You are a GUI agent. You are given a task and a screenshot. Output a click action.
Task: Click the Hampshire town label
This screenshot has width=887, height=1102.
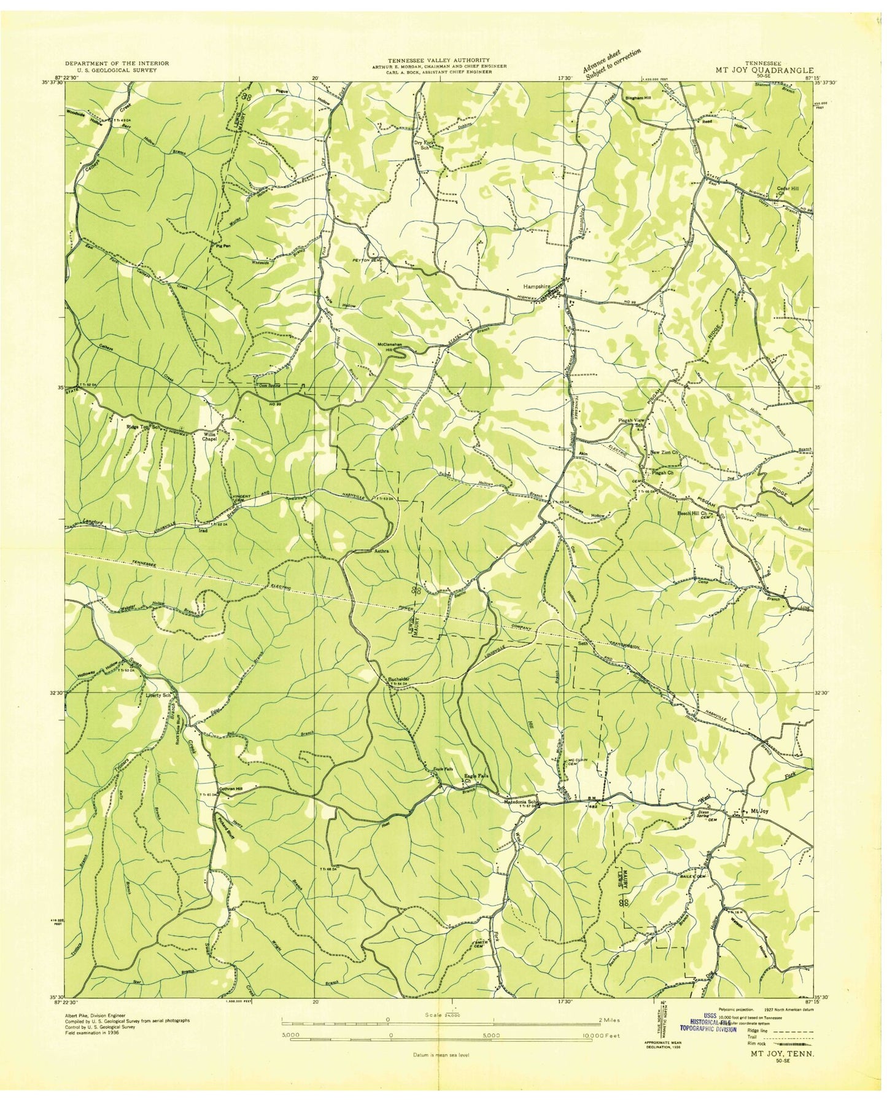(535, 286)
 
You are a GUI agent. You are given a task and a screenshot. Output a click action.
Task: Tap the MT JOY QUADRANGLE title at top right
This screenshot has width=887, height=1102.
(764, 70)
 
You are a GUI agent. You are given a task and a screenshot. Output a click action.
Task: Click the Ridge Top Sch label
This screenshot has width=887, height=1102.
(143, 427)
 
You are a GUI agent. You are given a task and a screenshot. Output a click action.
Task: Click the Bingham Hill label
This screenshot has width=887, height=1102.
(638, 98)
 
